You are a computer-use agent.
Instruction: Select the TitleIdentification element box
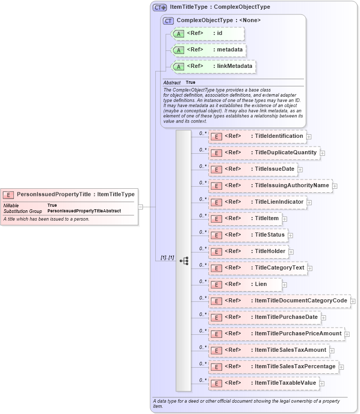click(257, 136)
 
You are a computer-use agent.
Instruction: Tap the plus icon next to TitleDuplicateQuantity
click(322, 153)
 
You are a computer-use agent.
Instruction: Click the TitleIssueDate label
click(275, 169)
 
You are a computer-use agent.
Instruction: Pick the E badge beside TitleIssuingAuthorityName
click(217, 186)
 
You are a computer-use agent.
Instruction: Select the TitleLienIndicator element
click(257, 202)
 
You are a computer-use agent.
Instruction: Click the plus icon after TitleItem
click(284, 219)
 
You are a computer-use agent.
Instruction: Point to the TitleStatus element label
click(269, 235)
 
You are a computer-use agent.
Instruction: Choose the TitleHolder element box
click(248, 251)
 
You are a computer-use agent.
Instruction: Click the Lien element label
click(261, 284)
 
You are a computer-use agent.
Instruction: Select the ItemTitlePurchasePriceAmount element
click(277, 334)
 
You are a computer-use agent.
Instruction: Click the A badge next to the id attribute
click(178, 33)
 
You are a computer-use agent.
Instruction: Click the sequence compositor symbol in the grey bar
click(184, 261)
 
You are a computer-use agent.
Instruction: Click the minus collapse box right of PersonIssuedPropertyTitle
click(140, 207)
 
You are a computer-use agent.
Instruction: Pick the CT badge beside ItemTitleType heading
click(160, 8)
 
